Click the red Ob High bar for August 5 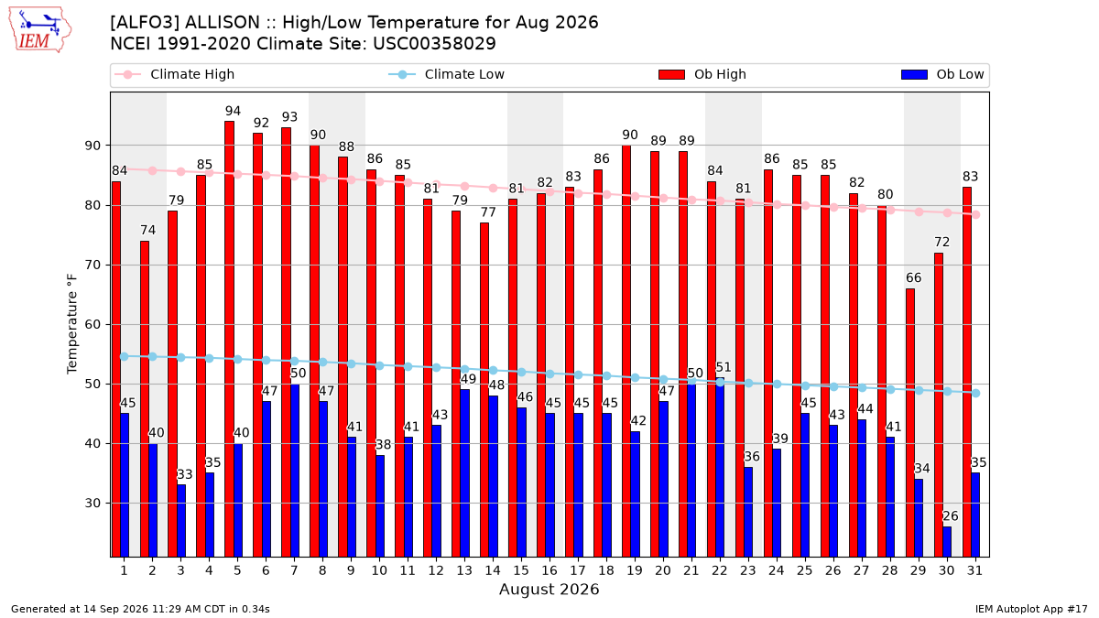coord(229,339)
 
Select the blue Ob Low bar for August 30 coord(947,542)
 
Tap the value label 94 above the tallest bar coord(233,111)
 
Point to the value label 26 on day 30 coord(951,516)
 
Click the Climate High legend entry coord(174,74)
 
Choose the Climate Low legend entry coord(447,74)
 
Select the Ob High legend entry coord(702,74)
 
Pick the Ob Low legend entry coord(942,74)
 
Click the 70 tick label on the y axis coord(92,266)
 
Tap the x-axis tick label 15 coord(521,570)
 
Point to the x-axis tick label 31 coord(974,570)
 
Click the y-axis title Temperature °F coord(72,324)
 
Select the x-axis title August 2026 coord(549,589)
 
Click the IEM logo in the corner coord(40,30)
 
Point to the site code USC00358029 coord(434,44)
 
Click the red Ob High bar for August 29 coord(910,423)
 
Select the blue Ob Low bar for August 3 coord(181,521)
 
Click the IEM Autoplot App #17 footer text coord(1031,609)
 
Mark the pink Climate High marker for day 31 coord(976,215)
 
